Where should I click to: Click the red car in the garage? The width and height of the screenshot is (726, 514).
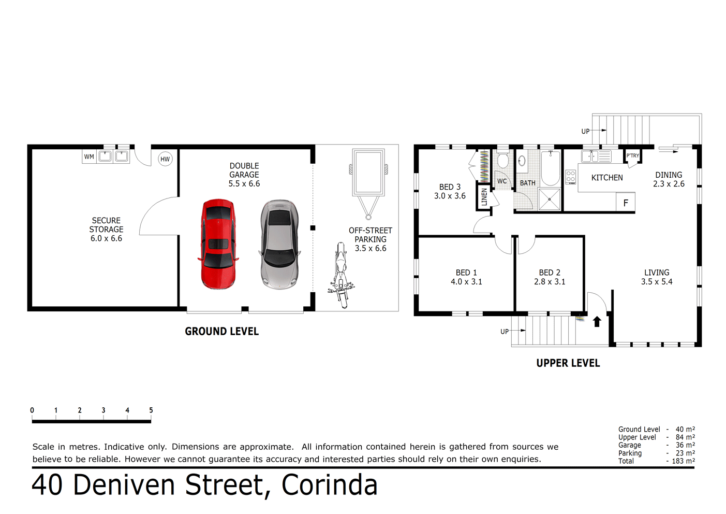pyautogui.click(x=218, y=244)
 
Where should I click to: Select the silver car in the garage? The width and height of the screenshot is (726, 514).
pyautogui.click(x=279, y=244)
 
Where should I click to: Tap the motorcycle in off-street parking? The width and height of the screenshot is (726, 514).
pyautogui.click(x=340, y=275)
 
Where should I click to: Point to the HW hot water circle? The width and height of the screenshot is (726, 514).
pyautogui.click(x=165, y=159)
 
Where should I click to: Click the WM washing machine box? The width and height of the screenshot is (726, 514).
pyautogui.click(x=90, y=156)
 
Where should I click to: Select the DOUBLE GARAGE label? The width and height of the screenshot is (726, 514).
pyautogui.click(x=244, y=175)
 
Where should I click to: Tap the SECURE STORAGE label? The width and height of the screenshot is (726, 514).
pyautogui.click(x=106, y=229)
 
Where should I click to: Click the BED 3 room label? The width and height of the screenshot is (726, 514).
pyautogui.click(x=450, y=191)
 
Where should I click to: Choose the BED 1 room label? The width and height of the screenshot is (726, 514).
pyautogui.click(x=466, y=277)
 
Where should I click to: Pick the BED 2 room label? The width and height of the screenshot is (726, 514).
pyautogui.click(x=550, y=277)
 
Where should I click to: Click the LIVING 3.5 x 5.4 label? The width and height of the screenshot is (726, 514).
pyautogui.click(x=657, y=277)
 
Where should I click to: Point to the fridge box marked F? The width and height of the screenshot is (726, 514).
pyautogui.click(x=626, y=203)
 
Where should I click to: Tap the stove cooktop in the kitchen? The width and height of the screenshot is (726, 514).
pyautogui.click(x=571, y=177)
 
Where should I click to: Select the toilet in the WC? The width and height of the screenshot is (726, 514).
pyautogui.click(x=502, y=161)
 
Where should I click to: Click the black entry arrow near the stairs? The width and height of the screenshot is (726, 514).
pyautogui.click(x=597, y=322)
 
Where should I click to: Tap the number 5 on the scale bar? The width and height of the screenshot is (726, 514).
pyautogui.click(x=151, y=410)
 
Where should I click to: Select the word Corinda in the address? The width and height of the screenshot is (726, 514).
pyautogui.click(x=330, y=485)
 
